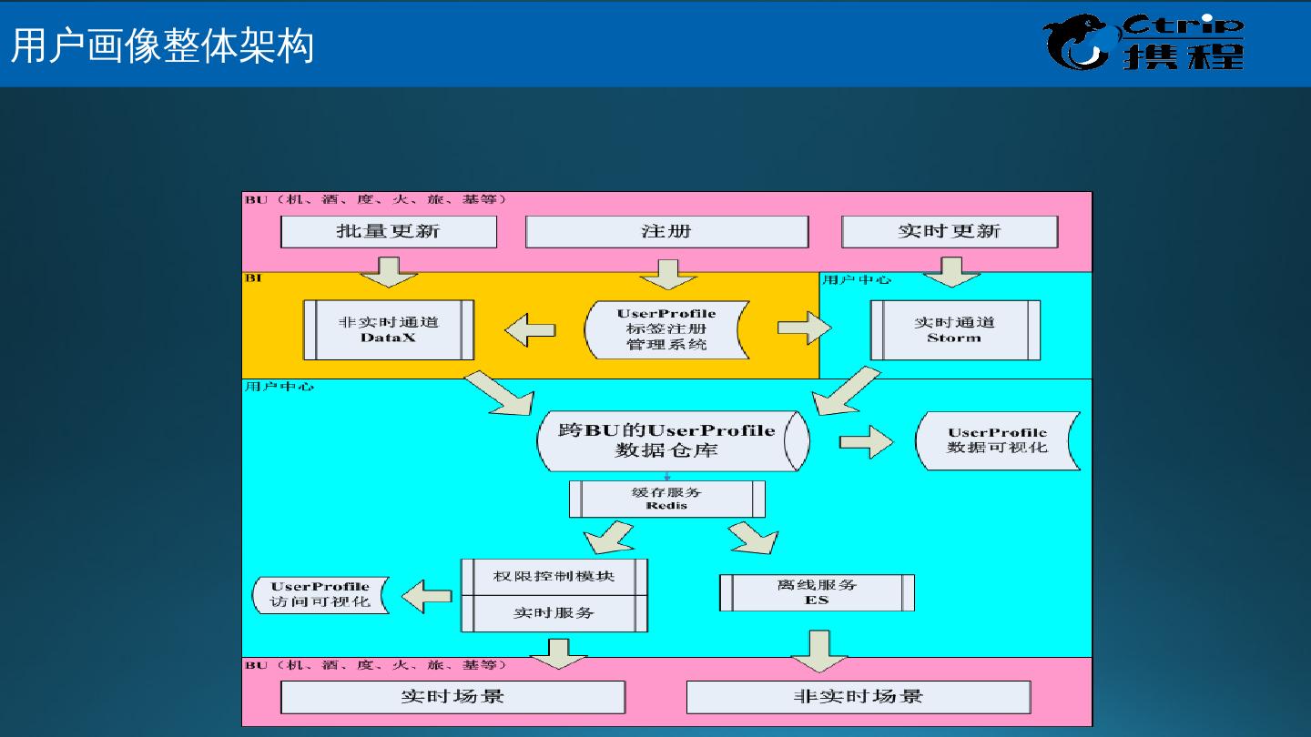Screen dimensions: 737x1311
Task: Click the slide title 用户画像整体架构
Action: coord(162,45)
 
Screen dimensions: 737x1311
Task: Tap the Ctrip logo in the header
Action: coord(1143,42)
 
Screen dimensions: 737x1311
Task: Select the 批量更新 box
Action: coord(389,231)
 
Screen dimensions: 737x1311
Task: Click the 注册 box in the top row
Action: coord(666,231)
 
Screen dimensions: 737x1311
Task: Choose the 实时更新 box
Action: coord(950,231)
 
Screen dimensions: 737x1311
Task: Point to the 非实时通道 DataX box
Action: coord(389,329)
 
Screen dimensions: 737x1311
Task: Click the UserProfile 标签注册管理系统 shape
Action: coord(666,329)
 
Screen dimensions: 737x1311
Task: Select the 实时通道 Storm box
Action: coord(954,329)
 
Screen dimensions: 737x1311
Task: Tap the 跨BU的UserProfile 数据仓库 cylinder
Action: coord(672,440)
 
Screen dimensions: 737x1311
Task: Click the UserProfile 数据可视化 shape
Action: coord(997,440)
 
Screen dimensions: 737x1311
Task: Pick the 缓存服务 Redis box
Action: coord(666,499)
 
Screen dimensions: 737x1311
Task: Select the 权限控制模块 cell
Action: coord(554,577)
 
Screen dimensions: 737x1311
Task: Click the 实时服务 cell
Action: coord(554,613)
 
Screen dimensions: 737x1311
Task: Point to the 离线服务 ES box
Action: coord(817,592)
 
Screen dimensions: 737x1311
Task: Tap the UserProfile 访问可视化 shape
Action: coord(320,594)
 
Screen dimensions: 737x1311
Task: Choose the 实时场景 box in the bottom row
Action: coord(452,697)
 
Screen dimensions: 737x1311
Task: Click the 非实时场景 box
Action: coord(858,697)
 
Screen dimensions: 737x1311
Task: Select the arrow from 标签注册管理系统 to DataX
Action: coord(530,329)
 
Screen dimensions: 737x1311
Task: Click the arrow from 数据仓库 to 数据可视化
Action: coord(866,441)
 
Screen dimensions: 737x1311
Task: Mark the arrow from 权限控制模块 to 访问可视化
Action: coord(427,596)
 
